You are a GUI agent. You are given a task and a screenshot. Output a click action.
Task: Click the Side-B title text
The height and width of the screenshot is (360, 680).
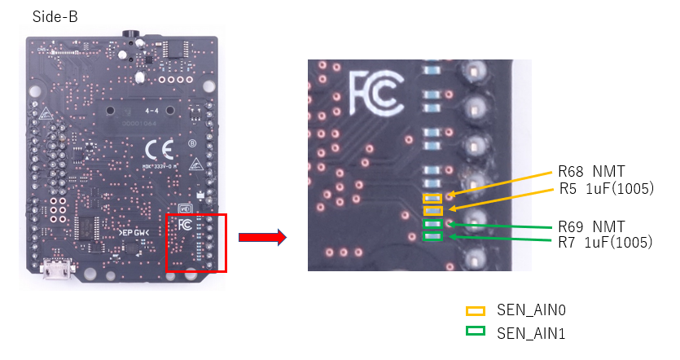(55, 17)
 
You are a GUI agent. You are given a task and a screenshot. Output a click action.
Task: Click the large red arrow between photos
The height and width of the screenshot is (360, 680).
(261, 238)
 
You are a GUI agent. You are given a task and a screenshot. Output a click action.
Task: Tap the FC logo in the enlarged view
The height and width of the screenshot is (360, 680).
(375, 93)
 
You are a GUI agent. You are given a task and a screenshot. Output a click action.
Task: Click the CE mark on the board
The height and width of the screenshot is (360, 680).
(157, 150)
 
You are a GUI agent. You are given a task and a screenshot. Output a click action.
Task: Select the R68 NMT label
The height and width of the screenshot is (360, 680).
(590, 172)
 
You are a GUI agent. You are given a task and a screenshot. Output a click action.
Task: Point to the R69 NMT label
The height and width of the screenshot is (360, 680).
(590, 226)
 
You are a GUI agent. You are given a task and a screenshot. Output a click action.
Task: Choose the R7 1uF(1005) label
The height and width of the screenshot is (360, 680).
(607, 242)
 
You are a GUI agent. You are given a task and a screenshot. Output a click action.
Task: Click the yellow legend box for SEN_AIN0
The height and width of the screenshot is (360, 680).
(475, 310)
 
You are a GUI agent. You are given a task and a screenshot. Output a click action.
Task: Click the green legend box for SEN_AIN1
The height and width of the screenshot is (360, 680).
(475, 332)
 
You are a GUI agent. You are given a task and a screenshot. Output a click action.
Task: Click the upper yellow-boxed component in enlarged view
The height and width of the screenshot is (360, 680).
(432, 198)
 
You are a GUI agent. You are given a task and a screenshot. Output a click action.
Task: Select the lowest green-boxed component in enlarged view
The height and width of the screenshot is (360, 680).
(432, 237)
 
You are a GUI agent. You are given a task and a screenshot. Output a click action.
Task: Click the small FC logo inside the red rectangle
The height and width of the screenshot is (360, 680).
(184, 224)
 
